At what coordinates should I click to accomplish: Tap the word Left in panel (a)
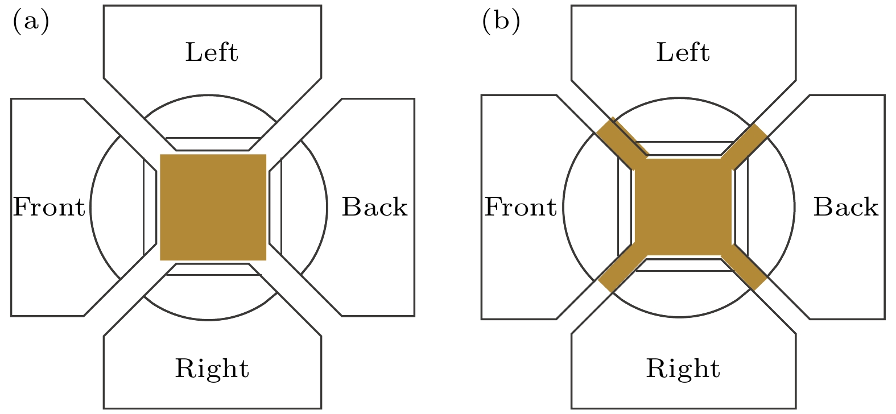[x=212, y=52]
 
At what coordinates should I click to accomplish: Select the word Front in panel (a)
[x=49, y=207]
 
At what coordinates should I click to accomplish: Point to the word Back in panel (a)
[x=374, y=207]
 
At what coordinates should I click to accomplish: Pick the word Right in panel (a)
[x=212, y=369]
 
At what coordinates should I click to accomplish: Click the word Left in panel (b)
[x=683, y=52]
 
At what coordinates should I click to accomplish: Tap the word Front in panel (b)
[x=520, y=207]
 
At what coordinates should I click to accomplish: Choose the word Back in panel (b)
[x=845, y=207]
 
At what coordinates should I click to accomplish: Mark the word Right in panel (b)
[x=683, y=369]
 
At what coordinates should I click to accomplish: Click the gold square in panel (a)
[x=213, y=207]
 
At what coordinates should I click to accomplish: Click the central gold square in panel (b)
[x=683, y=207]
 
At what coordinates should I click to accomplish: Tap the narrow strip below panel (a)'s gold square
[x=213, y=270]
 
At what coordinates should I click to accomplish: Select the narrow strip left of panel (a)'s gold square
[x=150, y=207]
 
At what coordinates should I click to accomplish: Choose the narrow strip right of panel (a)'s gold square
[x=275, y=207]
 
